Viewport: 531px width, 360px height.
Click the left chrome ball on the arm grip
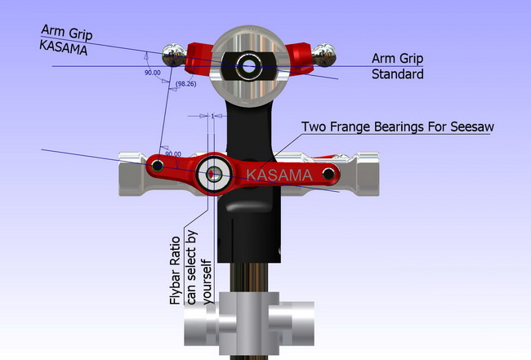coord(173,56)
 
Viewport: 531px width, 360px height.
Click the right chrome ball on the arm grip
coord(324,55)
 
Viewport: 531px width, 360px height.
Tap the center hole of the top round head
coord(249,66)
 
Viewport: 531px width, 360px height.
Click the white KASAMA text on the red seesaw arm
coord(279,175)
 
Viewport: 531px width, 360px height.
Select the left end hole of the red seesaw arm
coord(158,166)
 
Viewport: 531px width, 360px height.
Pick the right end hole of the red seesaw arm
coord(328,174)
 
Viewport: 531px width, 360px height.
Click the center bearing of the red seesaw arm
coord(214,174)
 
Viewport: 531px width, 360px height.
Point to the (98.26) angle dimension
coord(186,83)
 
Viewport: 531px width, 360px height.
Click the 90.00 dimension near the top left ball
coord(153,73)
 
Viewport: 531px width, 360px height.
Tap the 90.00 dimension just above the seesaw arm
coord(173,154)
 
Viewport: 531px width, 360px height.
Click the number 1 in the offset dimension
coord(212,116)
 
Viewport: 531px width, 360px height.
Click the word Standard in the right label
coord(398,74)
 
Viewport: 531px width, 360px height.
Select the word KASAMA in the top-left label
coord(64,47)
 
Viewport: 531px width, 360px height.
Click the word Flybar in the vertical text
coord(176,290)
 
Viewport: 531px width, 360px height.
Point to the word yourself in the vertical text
coord(207,282)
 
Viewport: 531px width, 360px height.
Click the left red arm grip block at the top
coord(199,58)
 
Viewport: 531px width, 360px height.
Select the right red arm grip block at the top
coord(299,58)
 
